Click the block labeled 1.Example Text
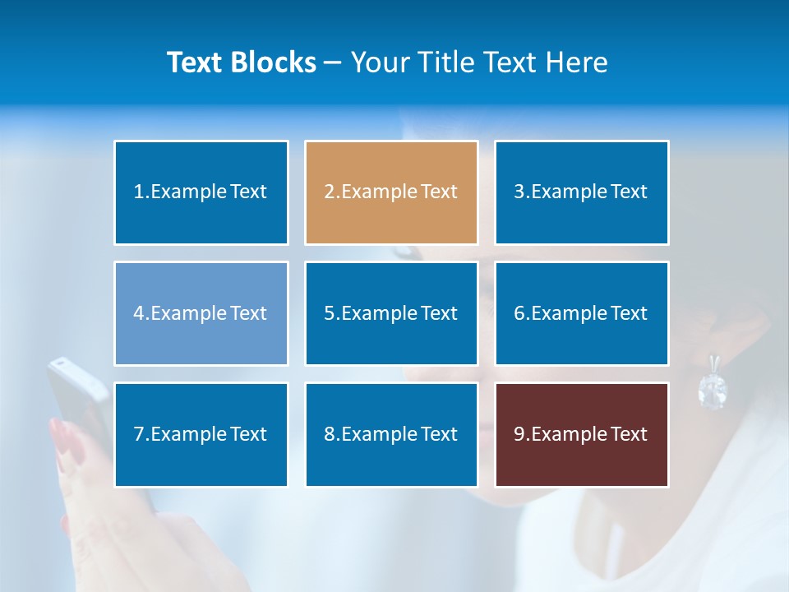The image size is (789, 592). (201, 192)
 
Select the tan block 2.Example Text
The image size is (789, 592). (391, 192)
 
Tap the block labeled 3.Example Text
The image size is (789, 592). (581, 192)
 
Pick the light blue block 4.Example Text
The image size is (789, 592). (201, 313)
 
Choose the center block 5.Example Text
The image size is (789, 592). (391, 313)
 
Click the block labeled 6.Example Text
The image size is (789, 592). (581, 313)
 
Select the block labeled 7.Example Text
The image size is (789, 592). (201, 434)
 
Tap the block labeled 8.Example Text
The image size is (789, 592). (391, 434)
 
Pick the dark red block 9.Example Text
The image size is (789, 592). (581, 434)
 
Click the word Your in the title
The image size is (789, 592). (379, 62)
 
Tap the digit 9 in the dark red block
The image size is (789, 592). (519, 434)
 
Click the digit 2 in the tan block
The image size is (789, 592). (329, 192)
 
